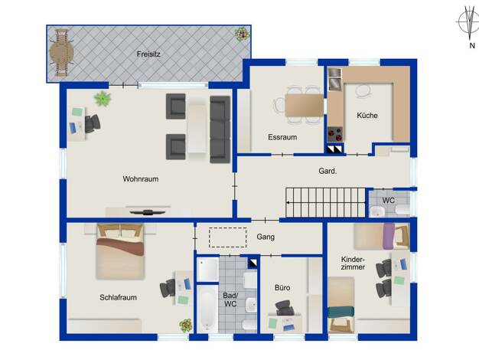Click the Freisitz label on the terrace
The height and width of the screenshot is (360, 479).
148,54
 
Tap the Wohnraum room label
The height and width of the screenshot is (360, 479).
141,179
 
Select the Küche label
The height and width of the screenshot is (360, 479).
367,116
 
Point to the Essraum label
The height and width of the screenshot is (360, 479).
282,137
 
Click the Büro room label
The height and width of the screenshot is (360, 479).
282,287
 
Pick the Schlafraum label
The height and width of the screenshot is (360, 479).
119,297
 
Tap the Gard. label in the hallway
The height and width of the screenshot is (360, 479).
327,171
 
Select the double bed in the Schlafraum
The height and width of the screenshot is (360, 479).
120,251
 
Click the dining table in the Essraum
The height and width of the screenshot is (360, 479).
305,105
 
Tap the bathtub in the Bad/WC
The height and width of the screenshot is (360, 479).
207,309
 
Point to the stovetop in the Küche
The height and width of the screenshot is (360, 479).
335,134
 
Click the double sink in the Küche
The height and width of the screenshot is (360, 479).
335,78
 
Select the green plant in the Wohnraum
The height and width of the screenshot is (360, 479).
103,99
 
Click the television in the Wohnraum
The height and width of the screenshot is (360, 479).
148,211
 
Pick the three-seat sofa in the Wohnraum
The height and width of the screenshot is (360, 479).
220,129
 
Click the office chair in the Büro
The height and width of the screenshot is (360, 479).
285,308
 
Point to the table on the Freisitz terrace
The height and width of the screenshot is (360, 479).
62,54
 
